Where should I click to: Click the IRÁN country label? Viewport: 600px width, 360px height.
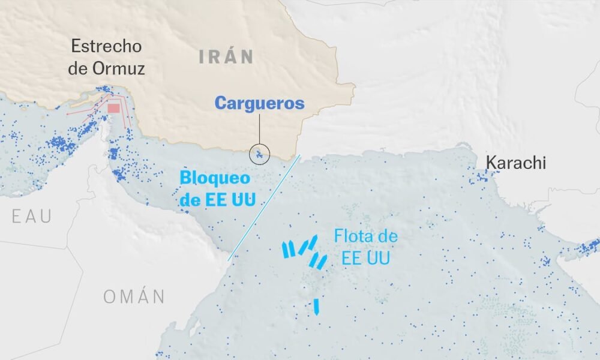226,57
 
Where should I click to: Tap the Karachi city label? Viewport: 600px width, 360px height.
515,162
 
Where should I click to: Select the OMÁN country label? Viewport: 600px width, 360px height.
134,296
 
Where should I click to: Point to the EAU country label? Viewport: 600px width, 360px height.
32,217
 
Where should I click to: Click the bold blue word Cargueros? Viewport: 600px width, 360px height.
259,103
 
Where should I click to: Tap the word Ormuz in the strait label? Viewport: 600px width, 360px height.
119,68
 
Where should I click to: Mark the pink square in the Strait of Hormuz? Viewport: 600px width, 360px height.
113,109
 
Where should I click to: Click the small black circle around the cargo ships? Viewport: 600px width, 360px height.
260,154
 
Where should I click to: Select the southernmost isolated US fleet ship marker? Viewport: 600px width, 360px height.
316,307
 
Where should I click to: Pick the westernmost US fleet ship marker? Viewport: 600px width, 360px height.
286,250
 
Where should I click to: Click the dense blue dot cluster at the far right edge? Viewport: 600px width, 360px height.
590,246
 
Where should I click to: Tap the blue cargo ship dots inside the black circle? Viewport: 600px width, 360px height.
259,155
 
